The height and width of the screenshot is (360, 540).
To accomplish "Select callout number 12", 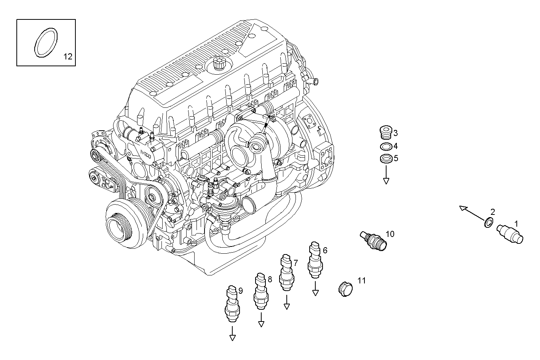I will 67,57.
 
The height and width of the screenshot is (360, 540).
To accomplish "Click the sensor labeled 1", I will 510,233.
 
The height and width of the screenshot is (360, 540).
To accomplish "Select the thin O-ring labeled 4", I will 386,147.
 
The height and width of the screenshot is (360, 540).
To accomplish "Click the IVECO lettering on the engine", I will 146,156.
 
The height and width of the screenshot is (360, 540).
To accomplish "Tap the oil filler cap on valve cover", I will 219,63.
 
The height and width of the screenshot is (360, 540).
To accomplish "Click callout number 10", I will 390,234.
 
